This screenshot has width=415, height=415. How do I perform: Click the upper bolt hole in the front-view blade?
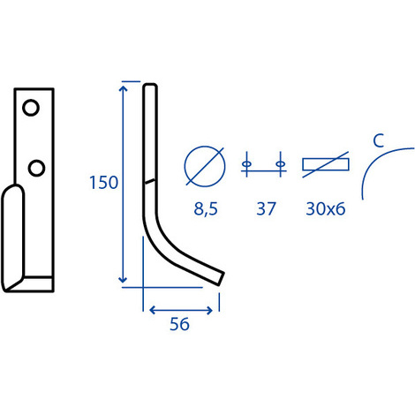pyautogui.click(x=31, y=108)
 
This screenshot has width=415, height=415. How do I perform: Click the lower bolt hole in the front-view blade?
pyautogui.click(x=36, y=168)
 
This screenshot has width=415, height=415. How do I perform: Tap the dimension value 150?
pyautogui.click(x=103, y=183)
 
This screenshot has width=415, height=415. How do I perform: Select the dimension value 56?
pyautogui.click(x=179, y=324)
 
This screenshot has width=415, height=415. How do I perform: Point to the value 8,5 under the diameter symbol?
pyautogui.click(x=206, y=209)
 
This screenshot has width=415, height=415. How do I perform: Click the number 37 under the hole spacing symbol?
pyautogui.click(x=266, y=208)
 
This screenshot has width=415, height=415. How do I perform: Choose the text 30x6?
pyautogui.click(x=326, y=208)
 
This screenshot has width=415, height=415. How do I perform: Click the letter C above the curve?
pyautogui.click(x=379, y=140)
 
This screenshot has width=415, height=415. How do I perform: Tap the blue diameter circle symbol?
pyautogui.click(x=205, y=166)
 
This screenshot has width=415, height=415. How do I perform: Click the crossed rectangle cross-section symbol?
pyautogui.click(x=326, y=164)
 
